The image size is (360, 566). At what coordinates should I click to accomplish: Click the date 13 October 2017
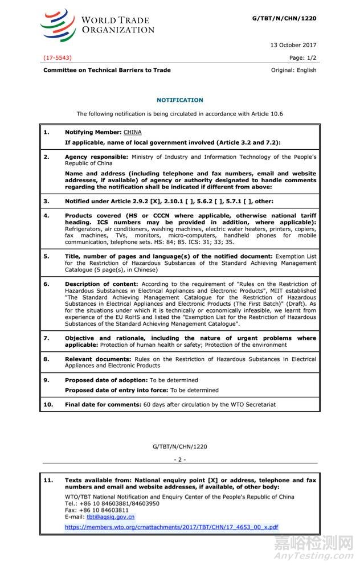(292, 45)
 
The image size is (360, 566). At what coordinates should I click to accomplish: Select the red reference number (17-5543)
(58, 58)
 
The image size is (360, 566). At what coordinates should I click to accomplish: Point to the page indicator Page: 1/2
(302, 58)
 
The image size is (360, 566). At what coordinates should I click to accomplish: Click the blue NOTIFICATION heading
(179, 100)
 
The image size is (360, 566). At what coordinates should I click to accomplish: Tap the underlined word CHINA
(132, 132)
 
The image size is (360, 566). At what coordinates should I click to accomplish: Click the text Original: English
(293, 70)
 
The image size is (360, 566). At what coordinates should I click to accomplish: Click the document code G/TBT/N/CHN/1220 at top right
(284, 18)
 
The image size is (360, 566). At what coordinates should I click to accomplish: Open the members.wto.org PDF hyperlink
(171, 527)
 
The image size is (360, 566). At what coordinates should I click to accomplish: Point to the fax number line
(96, 510)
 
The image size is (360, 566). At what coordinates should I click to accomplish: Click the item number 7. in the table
(47, 338)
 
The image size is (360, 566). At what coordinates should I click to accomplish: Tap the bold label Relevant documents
(98, 359)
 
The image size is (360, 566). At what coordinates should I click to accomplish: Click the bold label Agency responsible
(96, 156)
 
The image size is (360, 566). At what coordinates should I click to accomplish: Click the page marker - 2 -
(179, 459)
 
